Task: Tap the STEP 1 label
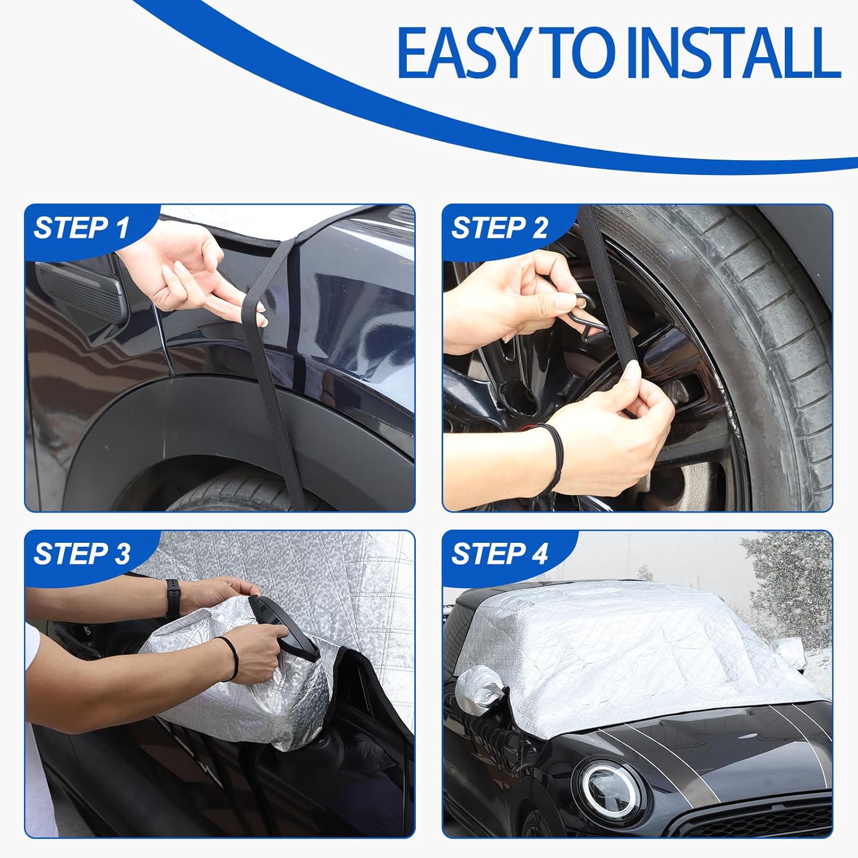[82, 228]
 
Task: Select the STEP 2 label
[499, 228]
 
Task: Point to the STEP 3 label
[82, 554]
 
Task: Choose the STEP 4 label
[499, 554]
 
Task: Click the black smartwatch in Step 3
[172, 598]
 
